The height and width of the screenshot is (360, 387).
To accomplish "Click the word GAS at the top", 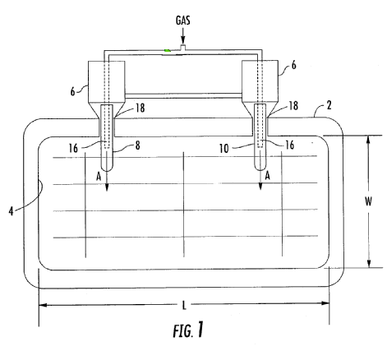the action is pos(182,21).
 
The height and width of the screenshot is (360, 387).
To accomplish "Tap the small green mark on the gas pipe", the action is pos(167,50).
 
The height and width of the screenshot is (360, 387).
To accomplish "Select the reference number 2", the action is pos(329,105).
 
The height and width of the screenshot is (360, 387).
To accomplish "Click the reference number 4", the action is pos(11,211).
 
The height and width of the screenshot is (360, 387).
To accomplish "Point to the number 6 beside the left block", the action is pos(72,91).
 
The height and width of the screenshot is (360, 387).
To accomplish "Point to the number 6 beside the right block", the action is pos(293,65).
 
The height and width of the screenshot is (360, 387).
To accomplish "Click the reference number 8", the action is pos(137,145).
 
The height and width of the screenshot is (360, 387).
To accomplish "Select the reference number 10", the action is pos(223,149).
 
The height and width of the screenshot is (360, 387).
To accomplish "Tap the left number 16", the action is pos(73,148).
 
